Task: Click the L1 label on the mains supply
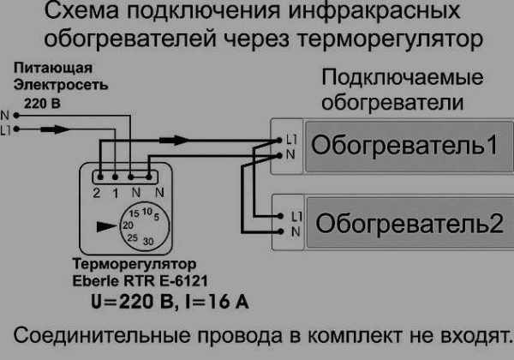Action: tap(8, 130)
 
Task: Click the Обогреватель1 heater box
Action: tap(403, 145)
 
